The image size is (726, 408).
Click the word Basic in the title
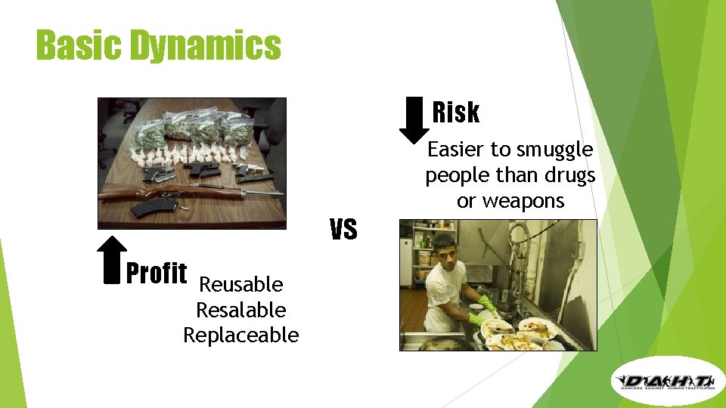point(79,45)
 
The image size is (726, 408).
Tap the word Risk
point(456,113)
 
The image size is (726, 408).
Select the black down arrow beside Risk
point(414,119)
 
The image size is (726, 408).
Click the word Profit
point(157,273)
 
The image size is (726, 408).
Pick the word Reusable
point(240,285)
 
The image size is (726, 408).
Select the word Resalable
point(240,310)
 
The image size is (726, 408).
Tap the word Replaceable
point(240,335)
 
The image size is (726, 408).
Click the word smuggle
point(554,150)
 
